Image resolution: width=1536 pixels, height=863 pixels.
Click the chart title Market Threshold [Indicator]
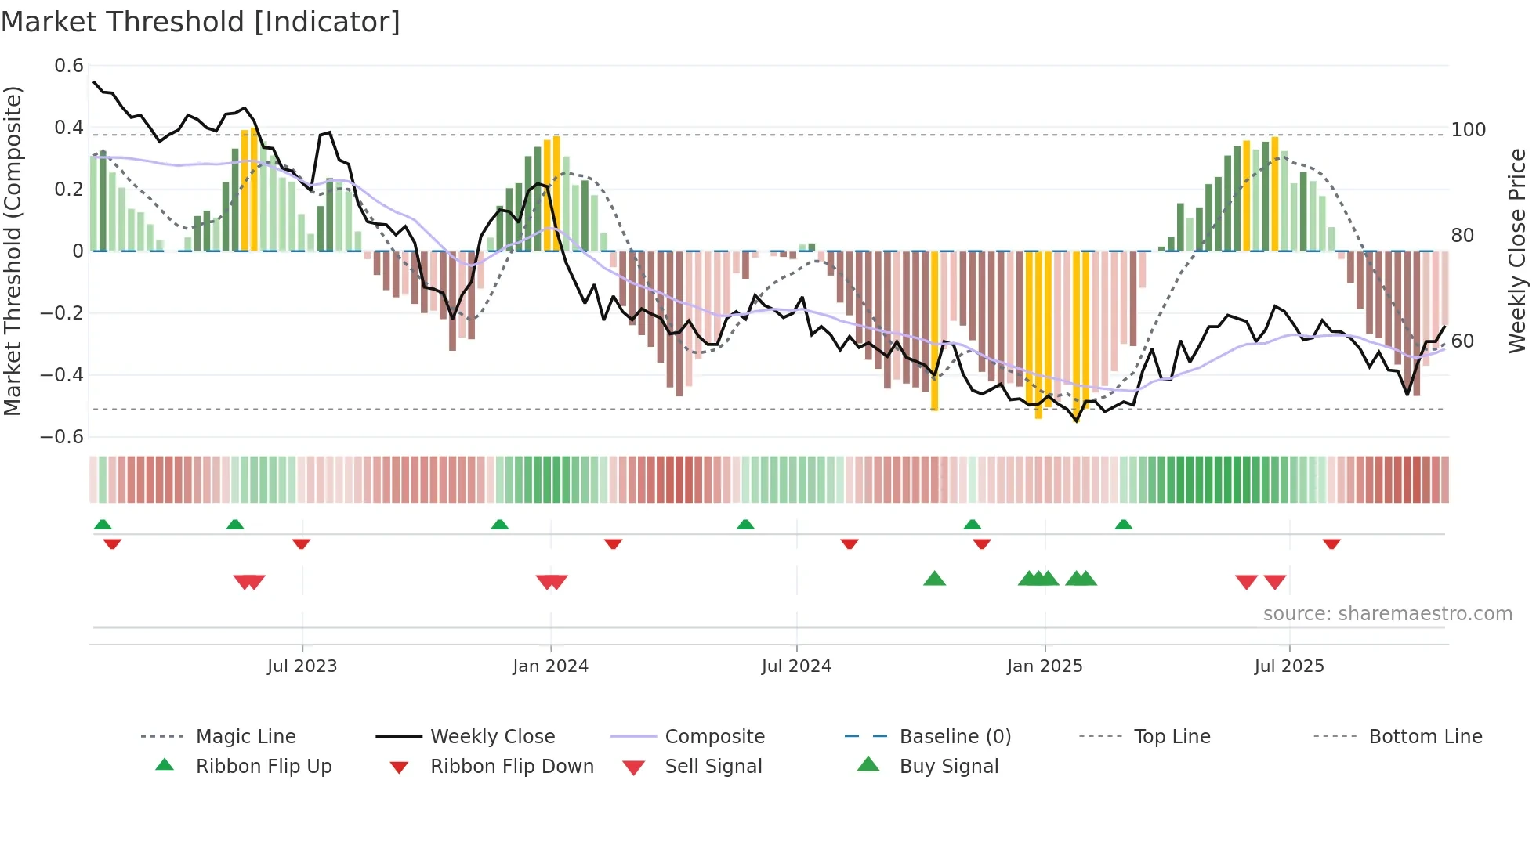click(x=201, y=22)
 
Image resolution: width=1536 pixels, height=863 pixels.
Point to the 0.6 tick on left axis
click(x=69, y=66)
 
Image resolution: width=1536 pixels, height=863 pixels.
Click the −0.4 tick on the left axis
click(x=62, y=375)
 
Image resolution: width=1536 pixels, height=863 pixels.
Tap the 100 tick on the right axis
click(x=1468, y=130)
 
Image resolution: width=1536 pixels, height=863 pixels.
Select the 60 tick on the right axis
click(x=1462, y=341)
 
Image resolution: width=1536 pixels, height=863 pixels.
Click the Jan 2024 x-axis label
click(x=550, y=666)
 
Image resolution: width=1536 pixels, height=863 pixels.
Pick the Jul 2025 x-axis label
click(x=1289, y=666)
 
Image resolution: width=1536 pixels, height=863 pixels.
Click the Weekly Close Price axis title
click(x=1517, y=251)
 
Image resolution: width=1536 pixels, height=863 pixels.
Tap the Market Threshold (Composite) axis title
click(x=13, y=251)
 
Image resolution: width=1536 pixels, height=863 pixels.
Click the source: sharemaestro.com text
click(x=1387, y=614)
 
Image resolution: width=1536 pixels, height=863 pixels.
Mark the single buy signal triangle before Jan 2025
click(x=934, y=580)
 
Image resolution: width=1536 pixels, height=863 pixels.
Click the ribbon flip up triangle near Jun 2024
click(x=745, y=525)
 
